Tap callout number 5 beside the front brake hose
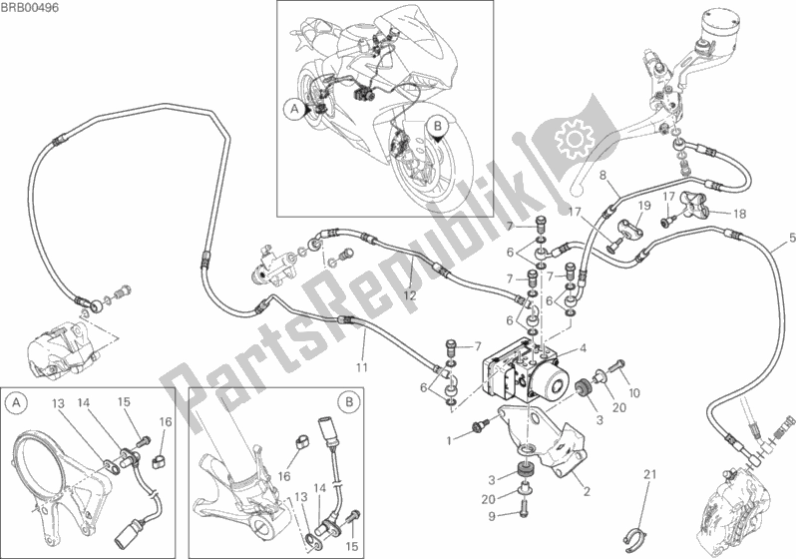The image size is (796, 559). (792, 237)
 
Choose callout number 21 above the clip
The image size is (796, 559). (649, 472)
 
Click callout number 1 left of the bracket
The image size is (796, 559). (451, 439)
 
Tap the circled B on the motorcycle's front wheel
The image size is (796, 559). (436, 126)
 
